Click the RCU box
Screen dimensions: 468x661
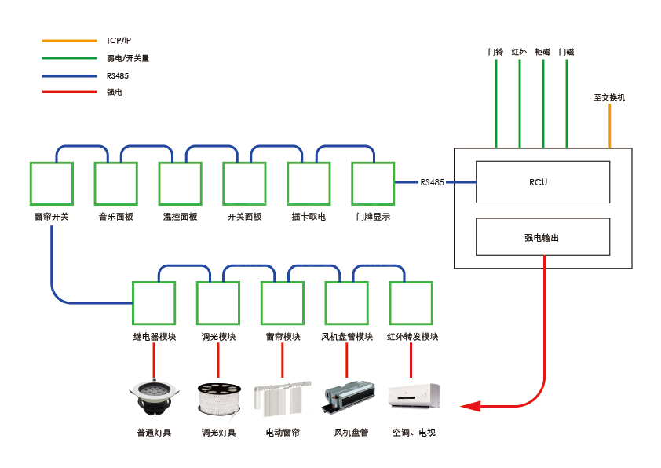point(542,182)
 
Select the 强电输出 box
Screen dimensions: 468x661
point(542,237)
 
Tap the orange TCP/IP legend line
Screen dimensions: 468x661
point(68,40)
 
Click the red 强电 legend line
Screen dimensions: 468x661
point(68,92)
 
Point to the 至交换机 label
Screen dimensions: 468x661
point(609,98)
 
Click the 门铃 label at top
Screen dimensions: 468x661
point(495,52)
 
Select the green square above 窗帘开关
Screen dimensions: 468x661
point(51,184)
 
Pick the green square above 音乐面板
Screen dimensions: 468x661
point(115,184)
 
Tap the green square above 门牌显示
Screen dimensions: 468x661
point(373,184)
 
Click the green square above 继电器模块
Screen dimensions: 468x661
point(154,302)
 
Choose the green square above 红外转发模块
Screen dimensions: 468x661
point(411,302)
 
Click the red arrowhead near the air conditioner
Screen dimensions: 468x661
point(470,406)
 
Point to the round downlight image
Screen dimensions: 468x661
point(154,397)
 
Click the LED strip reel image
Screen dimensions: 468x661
point(217,398)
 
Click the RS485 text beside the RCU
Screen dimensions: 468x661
point(432,182)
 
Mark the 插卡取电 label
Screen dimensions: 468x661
point(309,217)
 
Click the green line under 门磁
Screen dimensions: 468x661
point(566,102)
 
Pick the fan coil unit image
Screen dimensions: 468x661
point(346,397)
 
